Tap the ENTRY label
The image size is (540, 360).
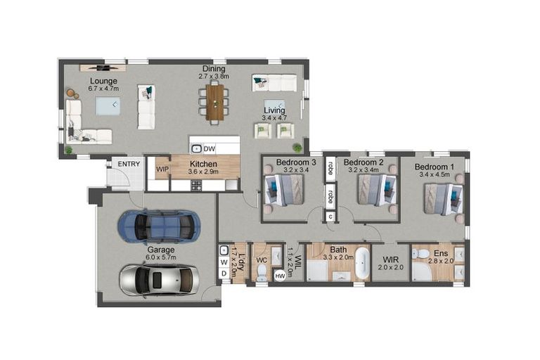click(x=129, y=164)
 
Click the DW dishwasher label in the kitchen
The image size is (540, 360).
click(x=209, y=148)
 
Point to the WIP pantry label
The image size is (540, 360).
click(x=162, y=169)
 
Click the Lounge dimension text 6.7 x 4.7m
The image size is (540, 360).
click(x=103, y=89)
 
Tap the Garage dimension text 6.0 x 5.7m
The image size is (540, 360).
click(x=161, y=258)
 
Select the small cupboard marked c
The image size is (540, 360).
click(x=330, y=217)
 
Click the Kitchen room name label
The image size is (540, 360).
click(x=203, y=163)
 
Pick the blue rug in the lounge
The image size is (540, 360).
click(x=108, y=106)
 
